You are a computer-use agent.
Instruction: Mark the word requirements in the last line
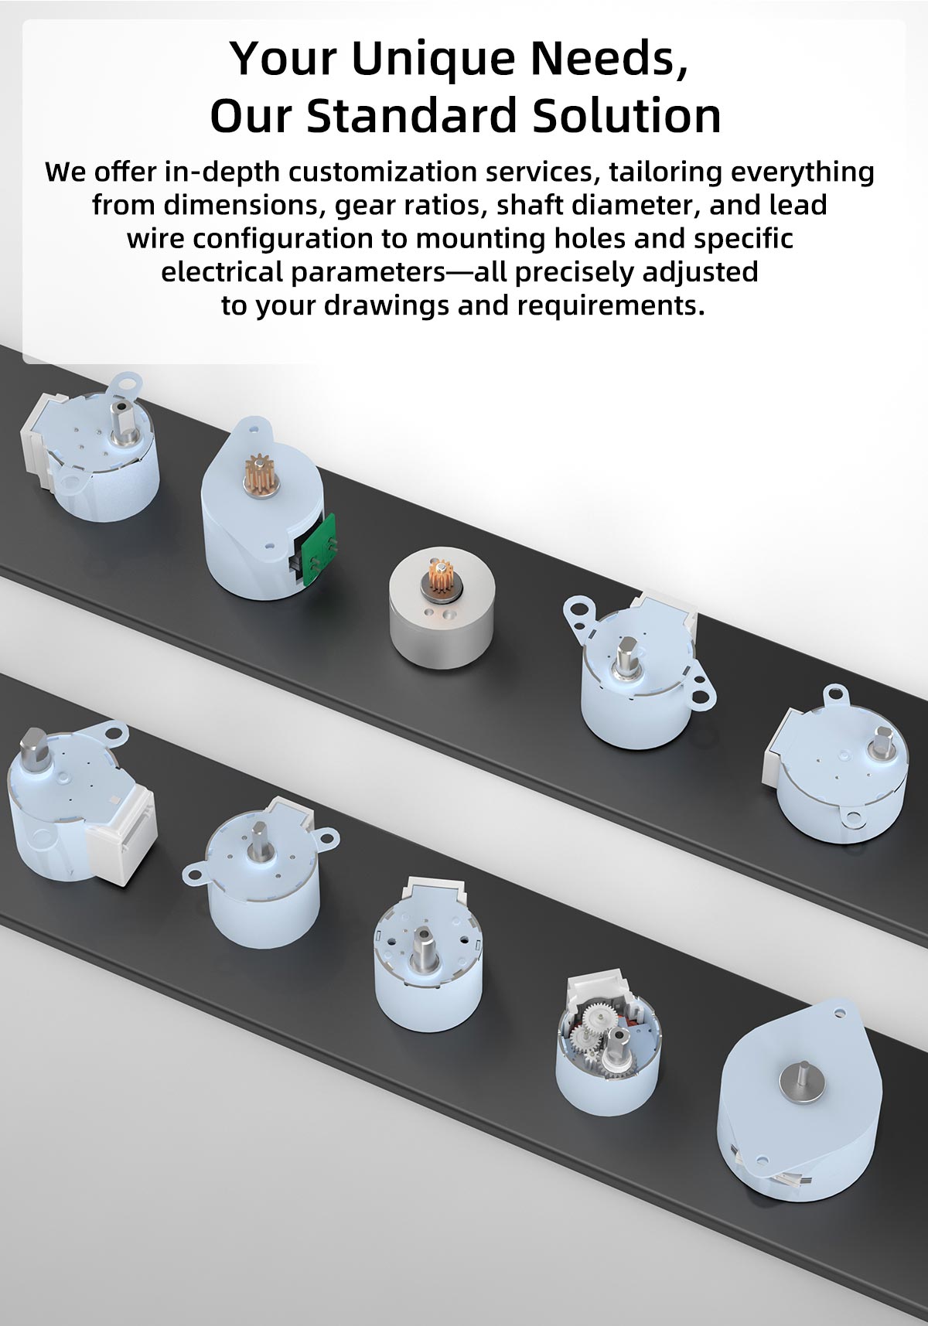point(612,305)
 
